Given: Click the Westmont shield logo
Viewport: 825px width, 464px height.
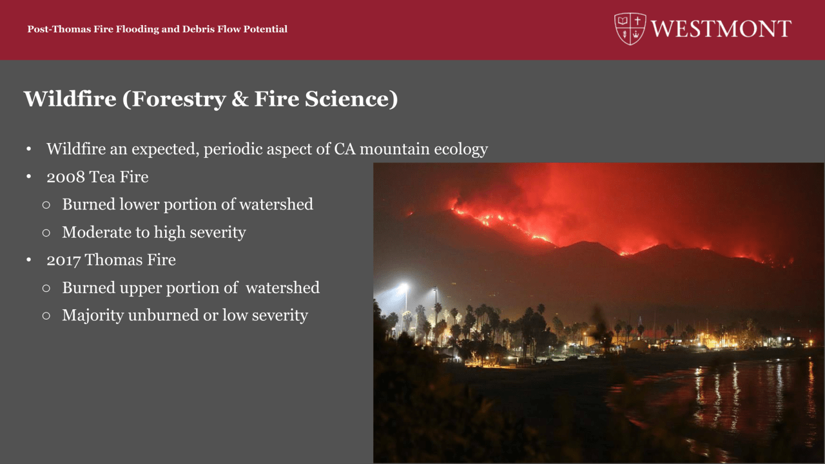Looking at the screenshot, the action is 630,29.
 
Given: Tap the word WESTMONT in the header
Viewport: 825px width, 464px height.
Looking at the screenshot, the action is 721,29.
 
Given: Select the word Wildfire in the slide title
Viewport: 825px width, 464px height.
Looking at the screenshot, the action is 70,99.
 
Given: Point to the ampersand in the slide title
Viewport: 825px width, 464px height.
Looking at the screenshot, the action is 240,99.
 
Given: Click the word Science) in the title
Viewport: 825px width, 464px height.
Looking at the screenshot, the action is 351,99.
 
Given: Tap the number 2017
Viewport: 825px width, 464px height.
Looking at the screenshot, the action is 63,260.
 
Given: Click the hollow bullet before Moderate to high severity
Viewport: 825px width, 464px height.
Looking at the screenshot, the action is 46,233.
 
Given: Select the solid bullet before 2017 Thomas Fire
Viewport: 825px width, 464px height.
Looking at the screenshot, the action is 29,260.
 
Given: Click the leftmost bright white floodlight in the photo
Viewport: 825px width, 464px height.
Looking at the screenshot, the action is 404,285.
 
